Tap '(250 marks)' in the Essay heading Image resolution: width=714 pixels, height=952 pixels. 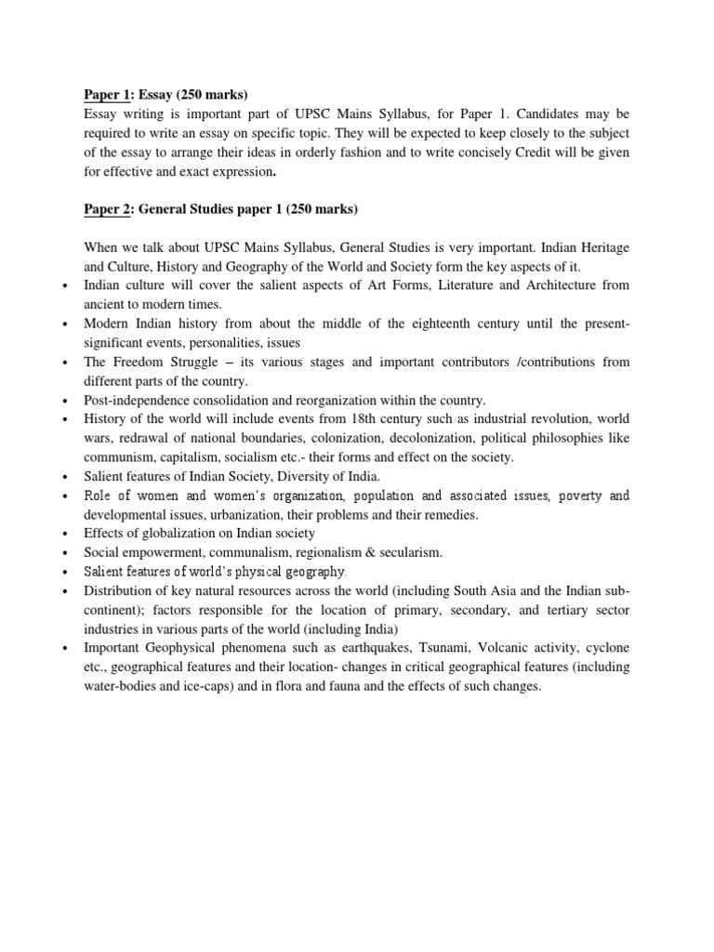[x=215, y=94]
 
